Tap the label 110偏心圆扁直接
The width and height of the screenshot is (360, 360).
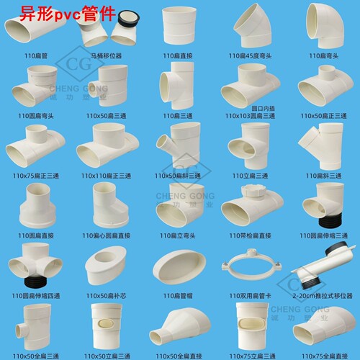point(111,234)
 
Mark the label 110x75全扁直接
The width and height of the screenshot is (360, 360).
point(323,354)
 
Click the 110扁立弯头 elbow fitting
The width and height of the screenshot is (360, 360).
point(181,202)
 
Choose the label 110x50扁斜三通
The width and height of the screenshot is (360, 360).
point(181,175)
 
